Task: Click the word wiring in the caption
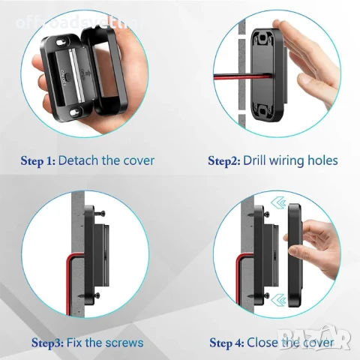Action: tap(293, 160)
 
